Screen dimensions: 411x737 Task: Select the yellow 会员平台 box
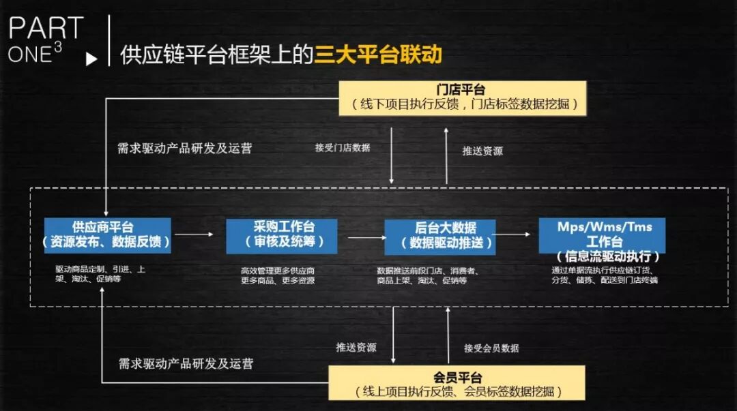[457, 384]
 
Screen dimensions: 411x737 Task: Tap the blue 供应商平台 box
[107, 235]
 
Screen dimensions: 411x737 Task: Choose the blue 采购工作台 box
[281, 235]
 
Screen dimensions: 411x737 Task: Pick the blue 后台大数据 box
[440, 237]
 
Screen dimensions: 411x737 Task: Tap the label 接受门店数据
[343, 147]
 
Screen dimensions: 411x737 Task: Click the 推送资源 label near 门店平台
[482, 151]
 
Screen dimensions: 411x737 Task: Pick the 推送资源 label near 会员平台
[356, 347]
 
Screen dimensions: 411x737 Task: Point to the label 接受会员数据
[491, 348]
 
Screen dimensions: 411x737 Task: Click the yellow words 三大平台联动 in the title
[377, 55]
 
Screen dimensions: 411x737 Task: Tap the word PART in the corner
[45, 29]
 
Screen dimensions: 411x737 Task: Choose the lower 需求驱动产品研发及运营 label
[186, 363]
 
